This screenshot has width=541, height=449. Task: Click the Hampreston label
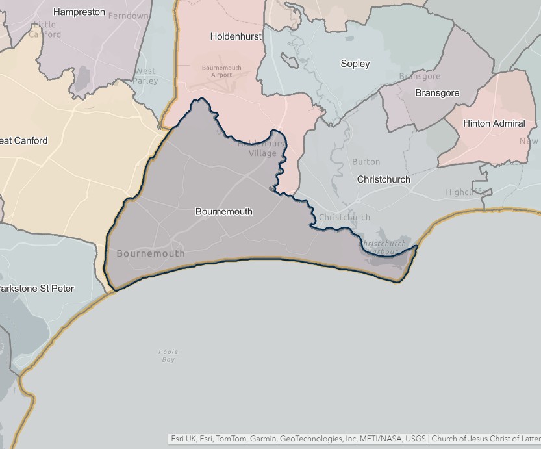tap(79, 12)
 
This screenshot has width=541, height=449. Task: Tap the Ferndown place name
tap(128, 15)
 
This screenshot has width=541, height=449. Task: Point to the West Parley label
tap(145, 76)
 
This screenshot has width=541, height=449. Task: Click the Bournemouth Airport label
tap(221, 71)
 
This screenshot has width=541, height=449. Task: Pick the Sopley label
tap(355, 64)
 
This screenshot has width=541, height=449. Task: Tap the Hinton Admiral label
tap(494, 123)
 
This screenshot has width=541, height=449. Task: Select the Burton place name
tap(366, 162)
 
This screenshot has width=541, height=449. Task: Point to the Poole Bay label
tap(168, 355)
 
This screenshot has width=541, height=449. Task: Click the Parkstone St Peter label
tap(36, 289)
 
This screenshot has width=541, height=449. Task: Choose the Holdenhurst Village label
tap(261, 148)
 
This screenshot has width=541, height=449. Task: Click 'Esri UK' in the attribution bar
tap(183, 439)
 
